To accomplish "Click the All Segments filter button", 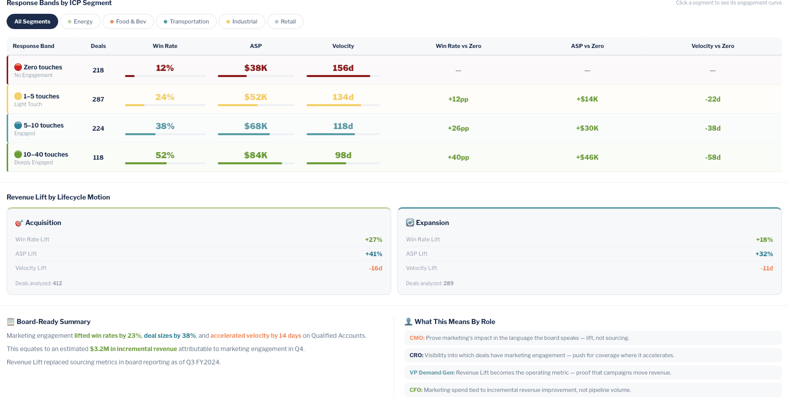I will [32, 21].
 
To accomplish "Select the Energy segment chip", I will [80, 21].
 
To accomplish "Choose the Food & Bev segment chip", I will [128, 21].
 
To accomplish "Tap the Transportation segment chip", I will [186, 21].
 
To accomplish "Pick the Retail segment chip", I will [285, 21].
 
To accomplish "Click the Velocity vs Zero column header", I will [713, 46].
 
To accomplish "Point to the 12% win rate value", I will [165, 68].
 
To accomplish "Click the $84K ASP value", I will [256, 155].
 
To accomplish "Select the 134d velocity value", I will [343, 97].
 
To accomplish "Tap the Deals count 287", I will [98, 100].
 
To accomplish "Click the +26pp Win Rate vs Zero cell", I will [458, 128].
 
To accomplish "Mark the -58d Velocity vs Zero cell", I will [713, 157].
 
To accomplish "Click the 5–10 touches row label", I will [43, 126].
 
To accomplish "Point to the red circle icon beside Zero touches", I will [18, 67].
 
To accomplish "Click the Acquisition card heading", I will [43, 222].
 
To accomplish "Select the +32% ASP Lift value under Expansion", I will [764, 254].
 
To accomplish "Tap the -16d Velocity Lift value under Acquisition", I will [375, 268].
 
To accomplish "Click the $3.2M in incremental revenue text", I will [133, 349].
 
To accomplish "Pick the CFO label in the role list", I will [415, 390].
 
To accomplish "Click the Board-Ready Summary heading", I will [53, 321].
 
